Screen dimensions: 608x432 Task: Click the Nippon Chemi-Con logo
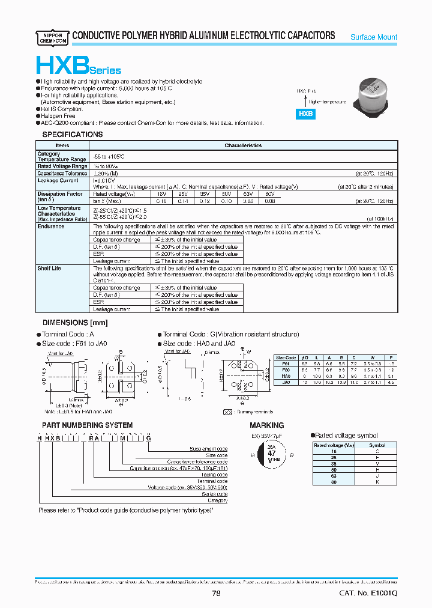click(52, 36)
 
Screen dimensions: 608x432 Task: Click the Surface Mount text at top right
click(373, 37)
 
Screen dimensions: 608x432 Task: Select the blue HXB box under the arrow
click(306, 113)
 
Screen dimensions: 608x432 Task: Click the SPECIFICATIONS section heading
click(72, 135)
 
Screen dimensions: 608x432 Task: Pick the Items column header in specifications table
click(62, 145)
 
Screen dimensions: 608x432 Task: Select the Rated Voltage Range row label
click(62, 166)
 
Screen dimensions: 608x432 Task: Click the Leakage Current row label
click(58, 180)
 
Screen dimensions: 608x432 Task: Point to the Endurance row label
click(51, 226)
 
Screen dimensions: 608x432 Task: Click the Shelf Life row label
click(49, 268)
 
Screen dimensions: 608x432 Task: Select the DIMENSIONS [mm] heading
click(74, 323)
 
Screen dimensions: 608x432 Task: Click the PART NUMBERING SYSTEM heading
click(87, 425)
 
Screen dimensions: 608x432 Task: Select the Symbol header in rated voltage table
click(377, 446)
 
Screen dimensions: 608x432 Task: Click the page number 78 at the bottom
click(217, 594)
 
